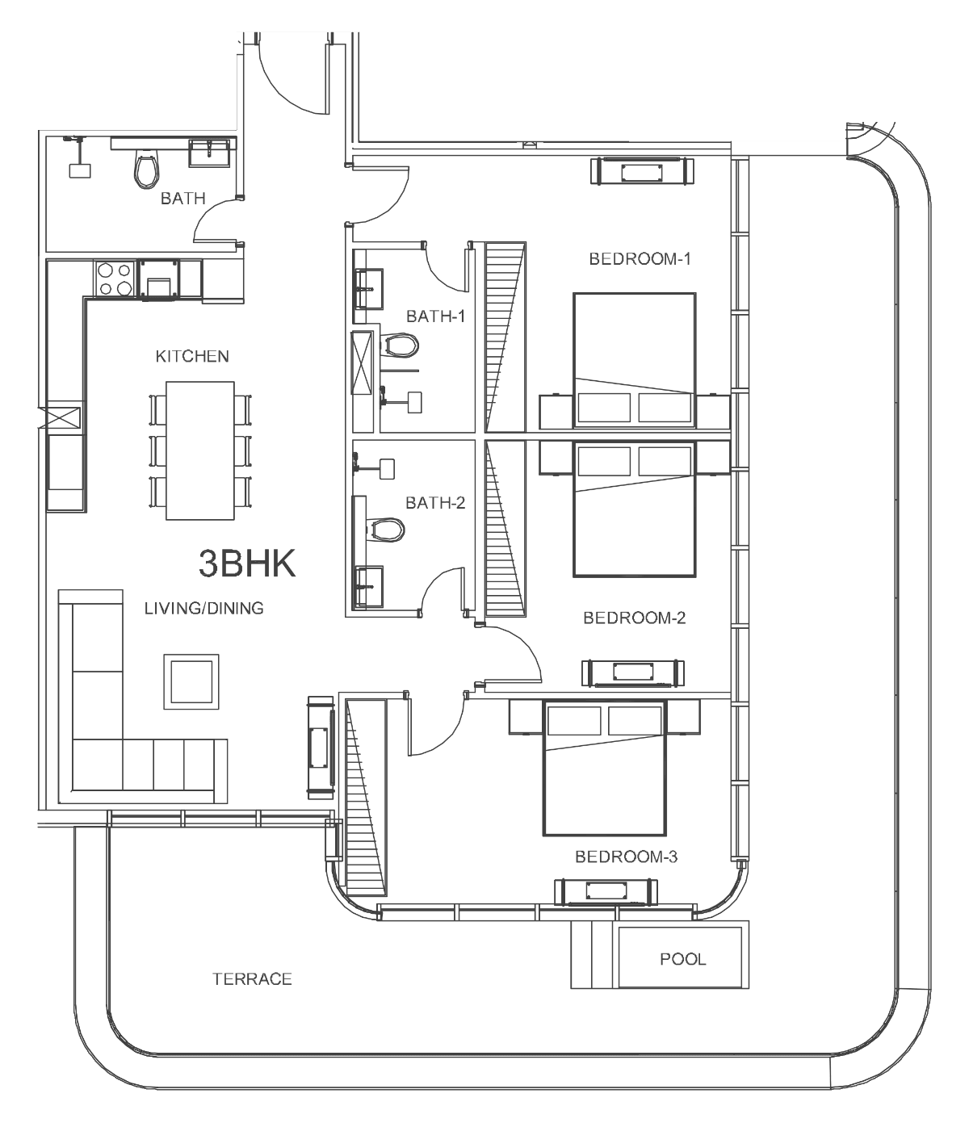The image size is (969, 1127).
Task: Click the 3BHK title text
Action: click(247, 563)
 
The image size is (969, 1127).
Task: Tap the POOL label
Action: click(682, 959)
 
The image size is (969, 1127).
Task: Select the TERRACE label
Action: click(252, 979)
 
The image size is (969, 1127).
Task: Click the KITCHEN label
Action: click(192, 356)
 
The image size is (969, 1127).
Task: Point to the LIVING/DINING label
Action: click(204, 608)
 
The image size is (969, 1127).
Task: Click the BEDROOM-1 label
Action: click(640, 258)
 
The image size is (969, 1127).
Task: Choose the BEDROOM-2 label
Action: click(634, 618)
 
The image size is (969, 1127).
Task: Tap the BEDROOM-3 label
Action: click(626, 857)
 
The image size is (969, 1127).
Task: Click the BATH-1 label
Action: click(436, 316)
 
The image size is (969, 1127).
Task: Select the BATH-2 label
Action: click(435, 502)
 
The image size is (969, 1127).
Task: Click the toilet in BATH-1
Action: click(399, 346)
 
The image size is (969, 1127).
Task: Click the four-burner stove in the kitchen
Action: click(115, 279)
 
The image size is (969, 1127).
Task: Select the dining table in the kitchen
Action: click(200, 450)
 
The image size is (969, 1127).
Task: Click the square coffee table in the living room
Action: click(191, 681)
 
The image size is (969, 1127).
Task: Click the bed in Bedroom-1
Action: click(634, 360)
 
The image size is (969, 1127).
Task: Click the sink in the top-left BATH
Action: click(209, 153)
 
